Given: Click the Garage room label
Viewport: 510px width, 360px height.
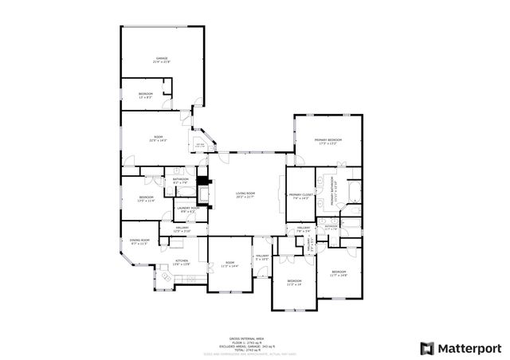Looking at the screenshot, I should pyautogui.click(x=162, y=60).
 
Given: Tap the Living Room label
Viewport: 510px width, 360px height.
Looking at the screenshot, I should pyautogui.click(x=245, y=195).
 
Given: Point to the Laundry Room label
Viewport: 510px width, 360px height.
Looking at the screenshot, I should pyautogui.click(x=188, y=212).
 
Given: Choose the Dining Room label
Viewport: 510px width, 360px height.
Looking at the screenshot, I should pyautogui.click(x=139, y=242).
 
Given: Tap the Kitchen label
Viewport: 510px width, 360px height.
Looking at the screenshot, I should pyautogui.click(x=182, y=262).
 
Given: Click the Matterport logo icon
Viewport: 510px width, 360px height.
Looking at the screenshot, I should pyautogui.click(x=427, y=348).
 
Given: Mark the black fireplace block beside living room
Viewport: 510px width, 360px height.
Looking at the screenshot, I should pyautogui.click(x=202, y=180).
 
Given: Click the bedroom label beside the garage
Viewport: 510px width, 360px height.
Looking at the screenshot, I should pyautogui.click(x=146, y=96).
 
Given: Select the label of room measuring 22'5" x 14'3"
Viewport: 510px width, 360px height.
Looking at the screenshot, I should pyautogui.click(x=158, y=139).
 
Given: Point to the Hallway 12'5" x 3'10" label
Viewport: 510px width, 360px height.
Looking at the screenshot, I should pyautogui.click(x=182, y=229).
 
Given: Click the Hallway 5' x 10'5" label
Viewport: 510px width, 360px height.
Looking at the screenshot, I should pyautogui.click(x=262, y=258).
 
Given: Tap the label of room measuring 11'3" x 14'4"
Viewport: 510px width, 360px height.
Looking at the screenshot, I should pyautogui.click(x=229, y=264).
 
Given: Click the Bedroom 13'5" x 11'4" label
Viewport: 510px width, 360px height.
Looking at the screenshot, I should pyautogui.click(x=146, y=199).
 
